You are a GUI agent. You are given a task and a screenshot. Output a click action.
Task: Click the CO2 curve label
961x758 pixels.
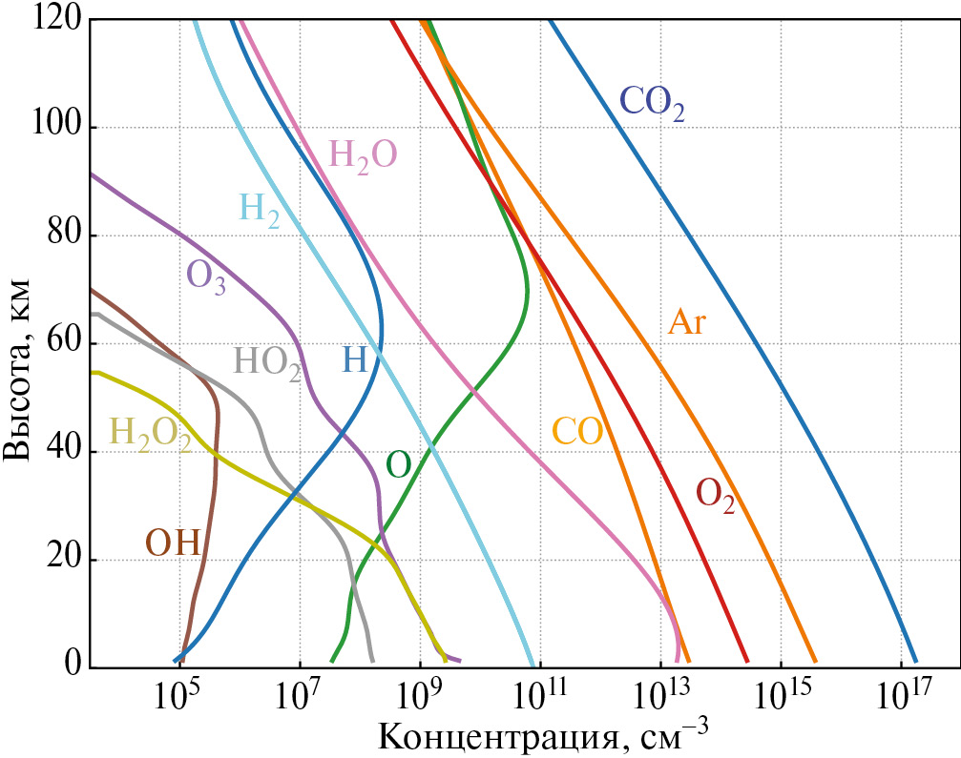pos(652,101)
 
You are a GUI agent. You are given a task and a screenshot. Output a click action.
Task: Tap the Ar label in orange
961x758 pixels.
pos(686,322)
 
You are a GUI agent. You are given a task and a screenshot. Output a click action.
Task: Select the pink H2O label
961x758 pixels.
pos(362,154)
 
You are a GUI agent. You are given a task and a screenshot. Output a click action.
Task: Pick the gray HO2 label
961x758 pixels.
pos(267,362)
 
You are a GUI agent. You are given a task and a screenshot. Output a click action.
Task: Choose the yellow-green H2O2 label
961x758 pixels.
pos(151,434)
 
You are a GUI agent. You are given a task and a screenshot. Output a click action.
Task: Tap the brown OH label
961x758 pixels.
pos(172,543)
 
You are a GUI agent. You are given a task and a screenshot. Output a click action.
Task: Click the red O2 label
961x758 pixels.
pos(715,494)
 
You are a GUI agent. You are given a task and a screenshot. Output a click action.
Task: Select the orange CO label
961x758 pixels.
pos(577,432)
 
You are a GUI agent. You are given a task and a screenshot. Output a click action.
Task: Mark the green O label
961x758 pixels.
pos(399,464)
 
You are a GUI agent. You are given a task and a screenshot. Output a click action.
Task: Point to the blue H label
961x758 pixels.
pos(354,359)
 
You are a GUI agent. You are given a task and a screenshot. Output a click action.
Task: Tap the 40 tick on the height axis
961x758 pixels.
pos(66,452)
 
